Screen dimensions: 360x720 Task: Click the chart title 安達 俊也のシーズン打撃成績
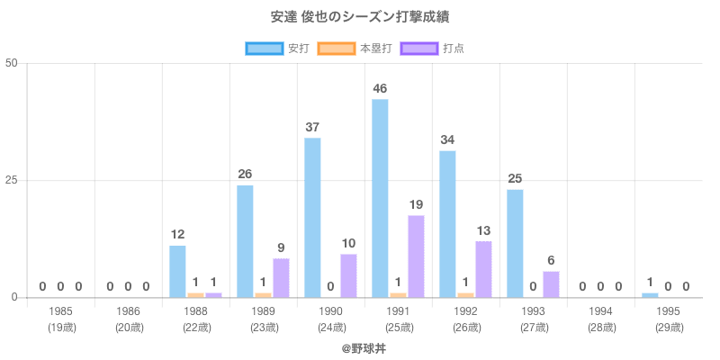coord(359,17)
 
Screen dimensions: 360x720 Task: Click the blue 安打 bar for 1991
coord(380,198)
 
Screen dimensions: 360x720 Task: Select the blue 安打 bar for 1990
coord(312,217)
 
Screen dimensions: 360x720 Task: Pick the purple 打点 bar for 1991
coord(416,256)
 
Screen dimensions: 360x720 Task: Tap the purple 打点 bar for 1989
coord(281,277)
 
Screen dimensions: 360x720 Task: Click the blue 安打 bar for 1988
coord(177,271)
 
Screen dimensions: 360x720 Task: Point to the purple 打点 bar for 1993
coord(551,283)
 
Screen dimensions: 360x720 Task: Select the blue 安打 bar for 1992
coord(447,224)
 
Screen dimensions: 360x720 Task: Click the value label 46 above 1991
coord(380,88)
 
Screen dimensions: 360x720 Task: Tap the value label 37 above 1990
coord(312,127)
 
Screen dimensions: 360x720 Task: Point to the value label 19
coord(416,204)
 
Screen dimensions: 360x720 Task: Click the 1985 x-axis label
coord(60,311)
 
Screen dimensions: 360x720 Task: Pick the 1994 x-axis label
coord(600,311)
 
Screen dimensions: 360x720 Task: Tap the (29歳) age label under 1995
coord(668,327)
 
